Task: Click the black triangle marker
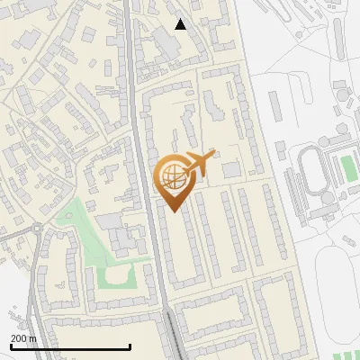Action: click(180, 24)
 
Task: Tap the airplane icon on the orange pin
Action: click(198, 163)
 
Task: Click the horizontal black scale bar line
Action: click(70, 347)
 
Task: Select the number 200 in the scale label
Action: click(20, 338)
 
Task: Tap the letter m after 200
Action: click(32, 338)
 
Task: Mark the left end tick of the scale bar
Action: click(11, 346)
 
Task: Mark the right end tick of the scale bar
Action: click(130, 346)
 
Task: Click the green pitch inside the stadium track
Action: click(348, 168)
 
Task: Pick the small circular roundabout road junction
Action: click(37, 229)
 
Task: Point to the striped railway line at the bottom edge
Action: click(172, 337)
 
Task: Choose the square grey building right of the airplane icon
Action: click(232, 169)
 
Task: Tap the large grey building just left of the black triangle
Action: click(162, 40)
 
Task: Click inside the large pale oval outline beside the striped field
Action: click(337, 288)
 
